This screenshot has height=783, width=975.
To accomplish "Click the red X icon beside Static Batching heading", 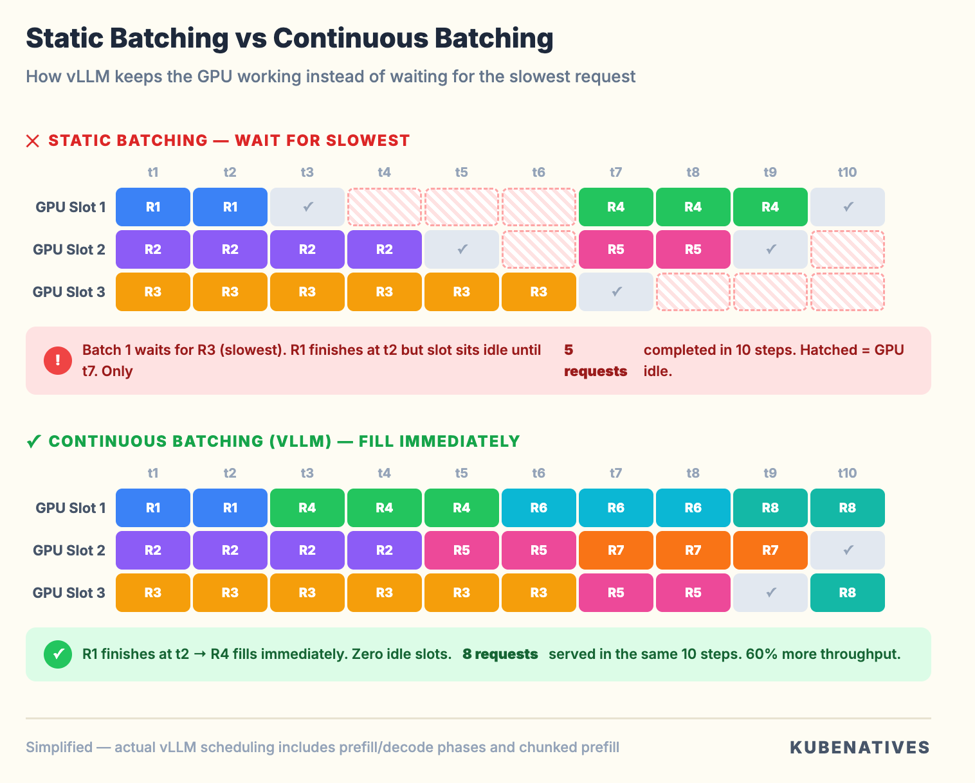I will [33, 141].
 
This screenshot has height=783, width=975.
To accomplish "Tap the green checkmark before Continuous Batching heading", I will [33, 442].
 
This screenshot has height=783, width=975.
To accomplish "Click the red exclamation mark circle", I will [58, 360].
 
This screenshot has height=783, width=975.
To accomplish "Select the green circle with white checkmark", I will [58, 654].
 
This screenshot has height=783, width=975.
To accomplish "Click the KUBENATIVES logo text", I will [860, 748].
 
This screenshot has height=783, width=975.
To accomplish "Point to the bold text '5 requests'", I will [595, 361].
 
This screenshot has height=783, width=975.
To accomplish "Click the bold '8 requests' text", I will [500, 654].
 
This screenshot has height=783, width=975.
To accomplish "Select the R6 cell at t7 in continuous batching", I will [615, 508].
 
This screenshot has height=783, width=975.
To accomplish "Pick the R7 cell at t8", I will [693, 550].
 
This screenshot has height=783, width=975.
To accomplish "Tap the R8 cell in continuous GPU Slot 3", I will [847, 593].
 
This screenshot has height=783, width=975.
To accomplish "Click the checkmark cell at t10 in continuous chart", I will [847, 550].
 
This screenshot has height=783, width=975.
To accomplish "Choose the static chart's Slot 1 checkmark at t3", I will [307, 207].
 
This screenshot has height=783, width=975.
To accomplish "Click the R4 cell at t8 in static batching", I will [693, 207].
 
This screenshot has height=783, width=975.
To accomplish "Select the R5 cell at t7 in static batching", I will [615, 249].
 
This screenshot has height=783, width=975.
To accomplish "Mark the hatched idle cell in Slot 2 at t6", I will [538, 249].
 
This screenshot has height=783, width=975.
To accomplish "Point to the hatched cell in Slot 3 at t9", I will [770, 292].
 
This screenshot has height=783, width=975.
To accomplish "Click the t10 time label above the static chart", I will [847, 172].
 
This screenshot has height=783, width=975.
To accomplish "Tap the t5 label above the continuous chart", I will [461, 473].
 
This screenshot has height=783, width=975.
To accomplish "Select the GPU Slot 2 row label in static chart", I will [69, 249].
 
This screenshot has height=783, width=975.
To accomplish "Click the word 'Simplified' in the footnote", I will [59, 748].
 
